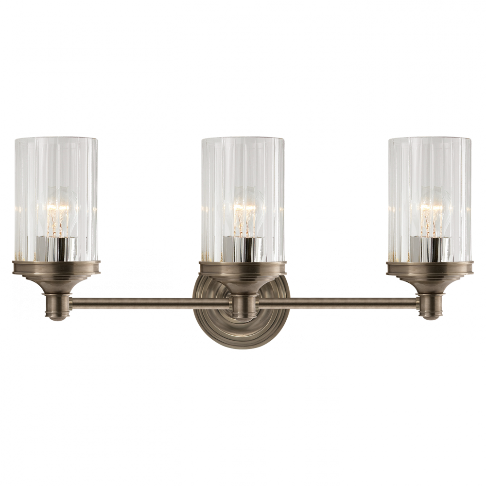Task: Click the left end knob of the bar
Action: (x=57, y=306)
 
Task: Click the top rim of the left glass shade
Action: (x=57, y=139)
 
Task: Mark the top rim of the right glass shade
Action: (x=430, y=139)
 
